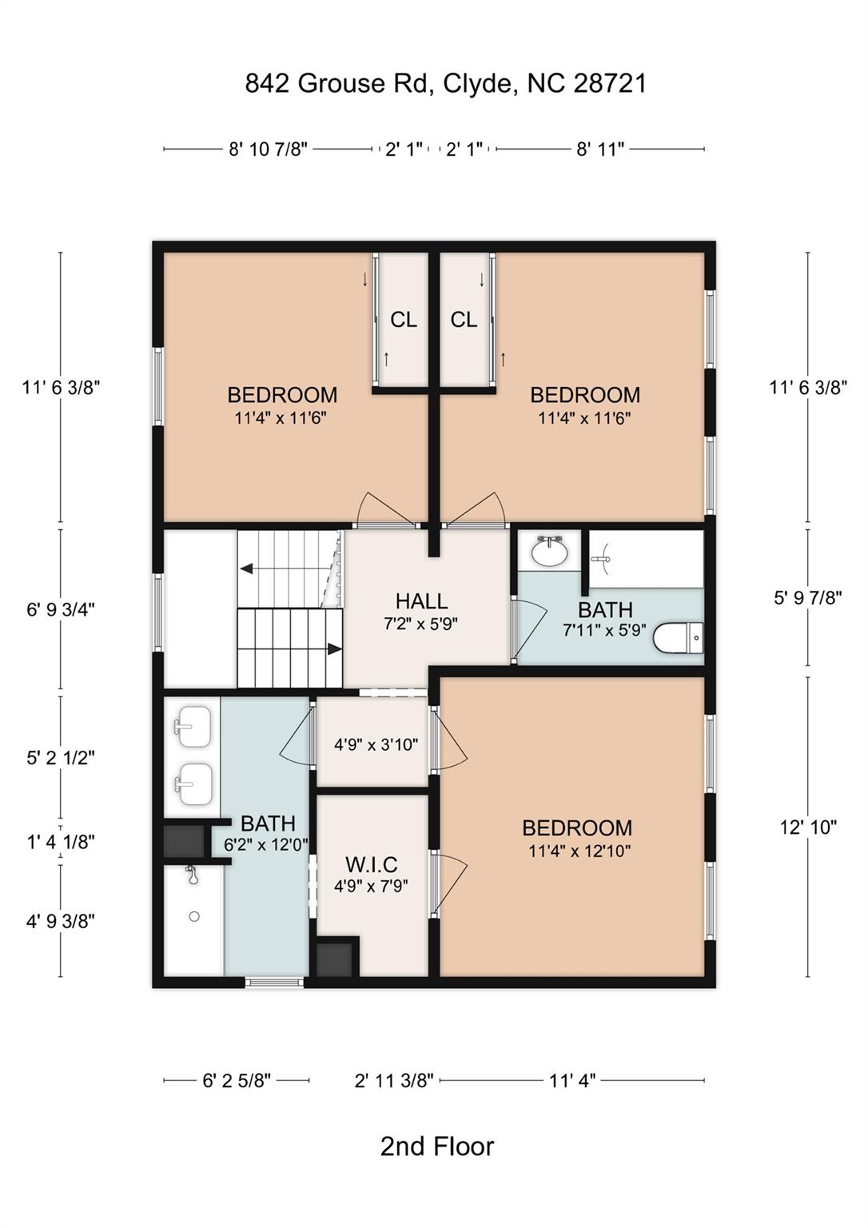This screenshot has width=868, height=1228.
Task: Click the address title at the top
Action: pos(445,83)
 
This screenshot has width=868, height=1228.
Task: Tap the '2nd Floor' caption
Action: pos(436,1146)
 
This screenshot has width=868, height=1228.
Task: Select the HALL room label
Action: pos(421,601)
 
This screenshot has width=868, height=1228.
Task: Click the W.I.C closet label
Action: pos(372,864)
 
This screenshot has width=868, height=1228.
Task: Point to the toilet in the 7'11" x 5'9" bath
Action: pos(678,639)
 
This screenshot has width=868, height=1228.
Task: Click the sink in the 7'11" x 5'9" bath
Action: pos(549,552)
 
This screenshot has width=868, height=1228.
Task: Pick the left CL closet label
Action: pos(404,320)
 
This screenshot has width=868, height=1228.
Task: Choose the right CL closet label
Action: pos(464,320)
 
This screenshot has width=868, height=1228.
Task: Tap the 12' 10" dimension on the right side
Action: pos(808,827)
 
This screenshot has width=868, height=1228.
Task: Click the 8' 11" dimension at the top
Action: pos(600,149)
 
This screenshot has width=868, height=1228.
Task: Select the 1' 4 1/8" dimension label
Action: pos(61,841)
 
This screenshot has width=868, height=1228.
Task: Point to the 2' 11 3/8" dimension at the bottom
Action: pos(394,1081)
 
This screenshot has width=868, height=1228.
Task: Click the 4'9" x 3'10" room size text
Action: pos(376,745)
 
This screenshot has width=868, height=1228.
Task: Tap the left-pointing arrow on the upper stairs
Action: pos(247,568)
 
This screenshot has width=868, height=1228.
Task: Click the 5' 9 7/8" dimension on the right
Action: pos(808,597)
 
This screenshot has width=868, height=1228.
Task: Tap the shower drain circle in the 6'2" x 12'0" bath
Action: pos(194,917)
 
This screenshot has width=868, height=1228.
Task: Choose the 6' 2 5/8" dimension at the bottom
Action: pos(237,1081)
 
